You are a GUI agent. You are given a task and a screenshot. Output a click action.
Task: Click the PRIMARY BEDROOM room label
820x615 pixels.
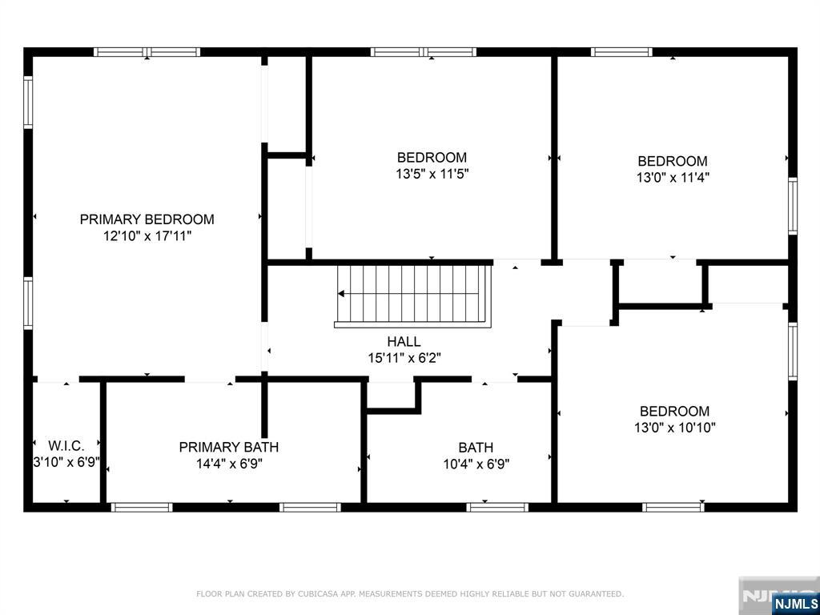[x=147, y=219]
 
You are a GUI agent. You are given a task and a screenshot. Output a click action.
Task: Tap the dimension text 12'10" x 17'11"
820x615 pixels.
[x=147, y=236]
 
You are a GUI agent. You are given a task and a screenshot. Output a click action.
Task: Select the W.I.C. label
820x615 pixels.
[x=66, y=446]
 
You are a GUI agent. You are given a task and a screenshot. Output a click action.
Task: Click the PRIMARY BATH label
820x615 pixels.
[x=228, y=447]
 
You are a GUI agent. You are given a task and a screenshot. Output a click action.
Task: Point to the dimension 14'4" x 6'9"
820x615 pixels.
[x=229, y=464]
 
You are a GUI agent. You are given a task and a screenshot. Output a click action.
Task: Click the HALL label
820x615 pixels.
[x=404, y=341]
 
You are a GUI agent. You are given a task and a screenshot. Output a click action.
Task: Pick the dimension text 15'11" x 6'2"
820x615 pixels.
[x=404, y=358]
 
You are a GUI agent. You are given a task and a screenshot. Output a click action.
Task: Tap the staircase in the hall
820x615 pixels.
[x=413, y=296]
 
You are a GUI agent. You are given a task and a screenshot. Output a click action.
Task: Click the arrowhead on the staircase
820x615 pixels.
[x=341, y=293]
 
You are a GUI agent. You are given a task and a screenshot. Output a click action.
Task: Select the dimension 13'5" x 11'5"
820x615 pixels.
[x=432, y=174]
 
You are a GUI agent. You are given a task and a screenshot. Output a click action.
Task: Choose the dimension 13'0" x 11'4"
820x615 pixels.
[x=673, y=178]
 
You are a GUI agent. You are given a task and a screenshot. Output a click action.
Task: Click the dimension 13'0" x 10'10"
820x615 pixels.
[x=674, y=428]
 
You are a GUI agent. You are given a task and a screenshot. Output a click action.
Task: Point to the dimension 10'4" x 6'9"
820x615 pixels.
[x=476, y=464]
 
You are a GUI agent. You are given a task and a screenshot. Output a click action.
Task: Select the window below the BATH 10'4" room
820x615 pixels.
[x=497, y=507]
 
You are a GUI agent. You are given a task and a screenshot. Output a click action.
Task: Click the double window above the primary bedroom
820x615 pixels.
[x=147, y=52]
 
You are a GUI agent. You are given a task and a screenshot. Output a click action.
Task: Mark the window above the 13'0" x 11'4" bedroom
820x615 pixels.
[x=621, y=52]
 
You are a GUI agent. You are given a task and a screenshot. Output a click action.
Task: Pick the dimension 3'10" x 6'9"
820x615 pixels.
[x=66, y=463]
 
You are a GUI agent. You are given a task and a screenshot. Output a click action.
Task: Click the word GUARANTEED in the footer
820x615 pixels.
[x=598, y=594]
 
